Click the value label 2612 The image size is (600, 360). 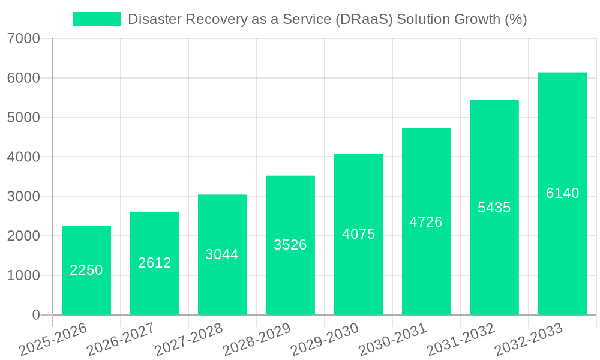(155, 263)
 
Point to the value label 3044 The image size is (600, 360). (222, 254)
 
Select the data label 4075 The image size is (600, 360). (359, 234)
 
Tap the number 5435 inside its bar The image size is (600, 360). (494, 208)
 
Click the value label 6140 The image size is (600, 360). (562, 193)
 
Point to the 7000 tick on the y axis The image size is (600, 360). (24, 39)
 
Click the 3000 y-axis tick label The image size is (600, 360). (24, 197)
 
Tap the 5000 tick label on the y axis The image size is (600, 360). (24, 118)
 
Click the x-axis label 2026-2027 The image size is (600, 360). (121, 340)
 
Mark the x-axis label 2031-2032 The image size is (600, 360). (460, 340)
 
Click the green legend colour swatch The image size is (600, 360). (96, 19)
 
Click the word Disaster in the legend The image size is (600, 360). (154, 19)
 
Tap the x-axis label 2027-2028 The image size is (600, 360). (188, 340)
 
